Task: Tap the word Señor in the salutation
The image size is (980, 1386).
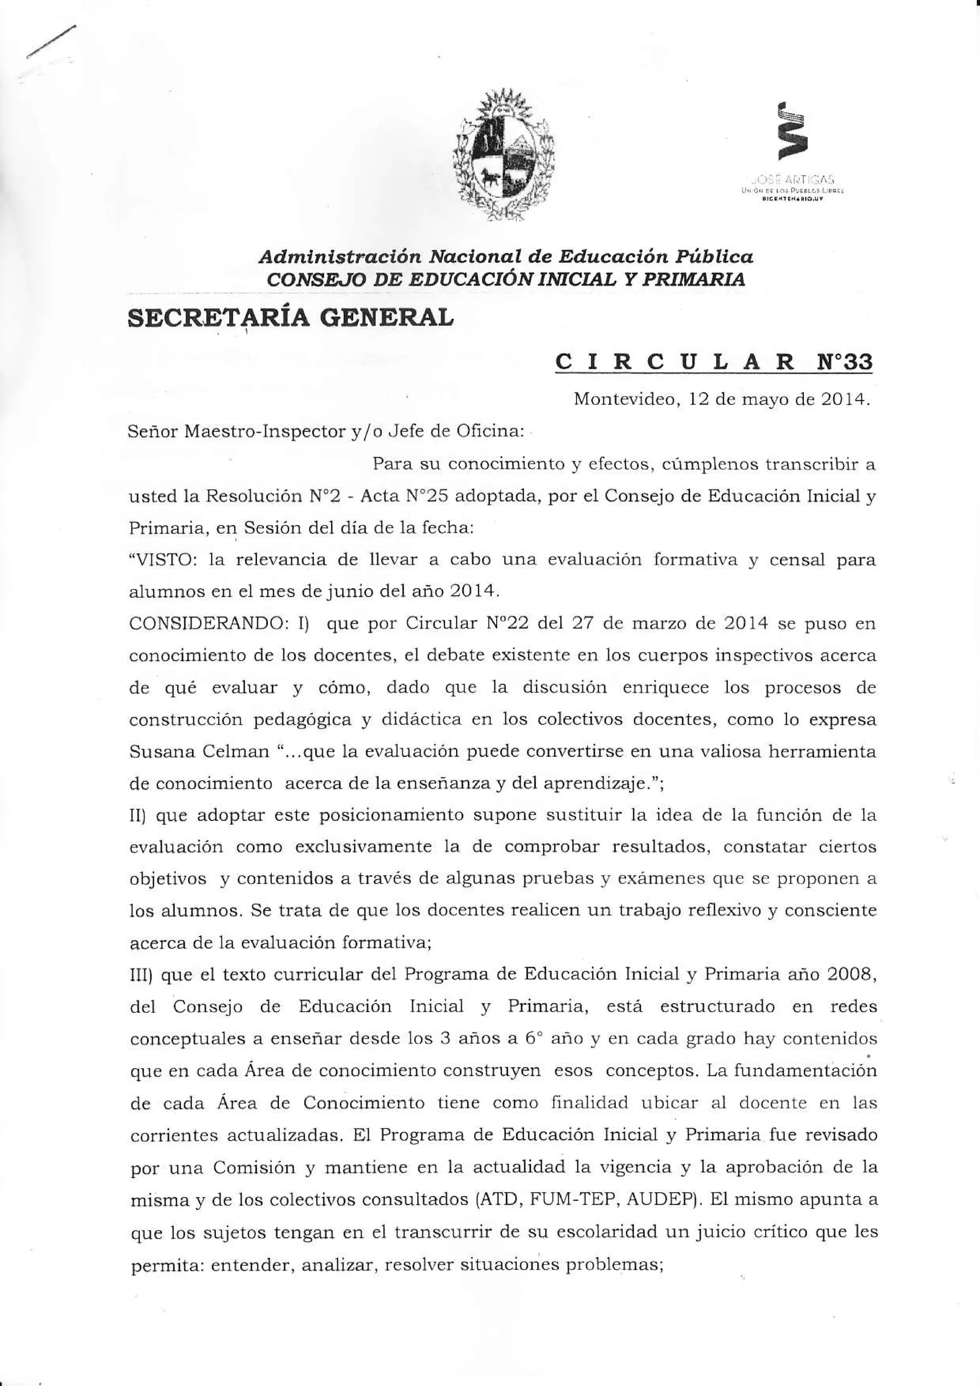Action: click(x=153, y=432)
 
